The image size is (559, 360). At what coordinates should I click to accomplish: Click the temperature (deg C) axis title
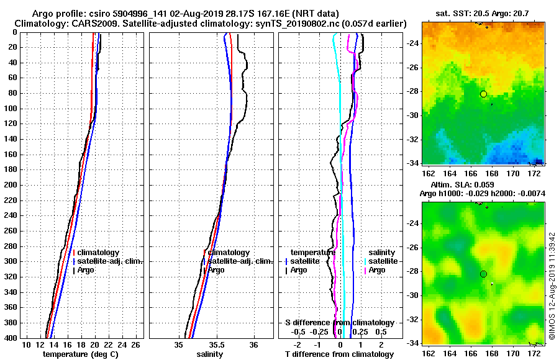[x=80, y=354]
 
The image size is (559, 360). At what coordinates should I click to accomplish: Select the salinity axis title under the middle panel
[x=211, y=354]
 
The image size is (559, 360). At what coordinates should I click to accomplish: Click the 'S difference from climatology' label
[x=339, y=323]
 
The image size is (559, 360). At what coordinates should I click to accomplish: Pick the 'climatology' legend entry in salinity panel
[x=228, y=253]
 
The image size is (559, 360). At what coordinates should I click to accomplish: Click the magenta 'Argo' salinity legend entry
[x=377, y=270]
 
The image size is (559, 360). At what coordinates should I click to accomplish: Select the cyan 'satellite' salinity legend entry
[x=383, y=261]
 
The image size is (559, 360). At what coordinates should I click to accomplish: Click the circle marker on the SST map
[x=483, y=94]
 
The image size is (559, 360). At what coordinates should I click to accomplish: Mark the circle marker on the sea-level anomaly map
[x=483, y=274]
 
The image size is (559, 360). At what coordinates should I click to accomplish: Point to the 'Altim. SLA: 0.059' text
[x=460, y=185]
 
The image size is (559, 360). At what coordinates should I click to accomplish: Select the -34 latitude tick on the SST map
[x=412, y=163]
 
